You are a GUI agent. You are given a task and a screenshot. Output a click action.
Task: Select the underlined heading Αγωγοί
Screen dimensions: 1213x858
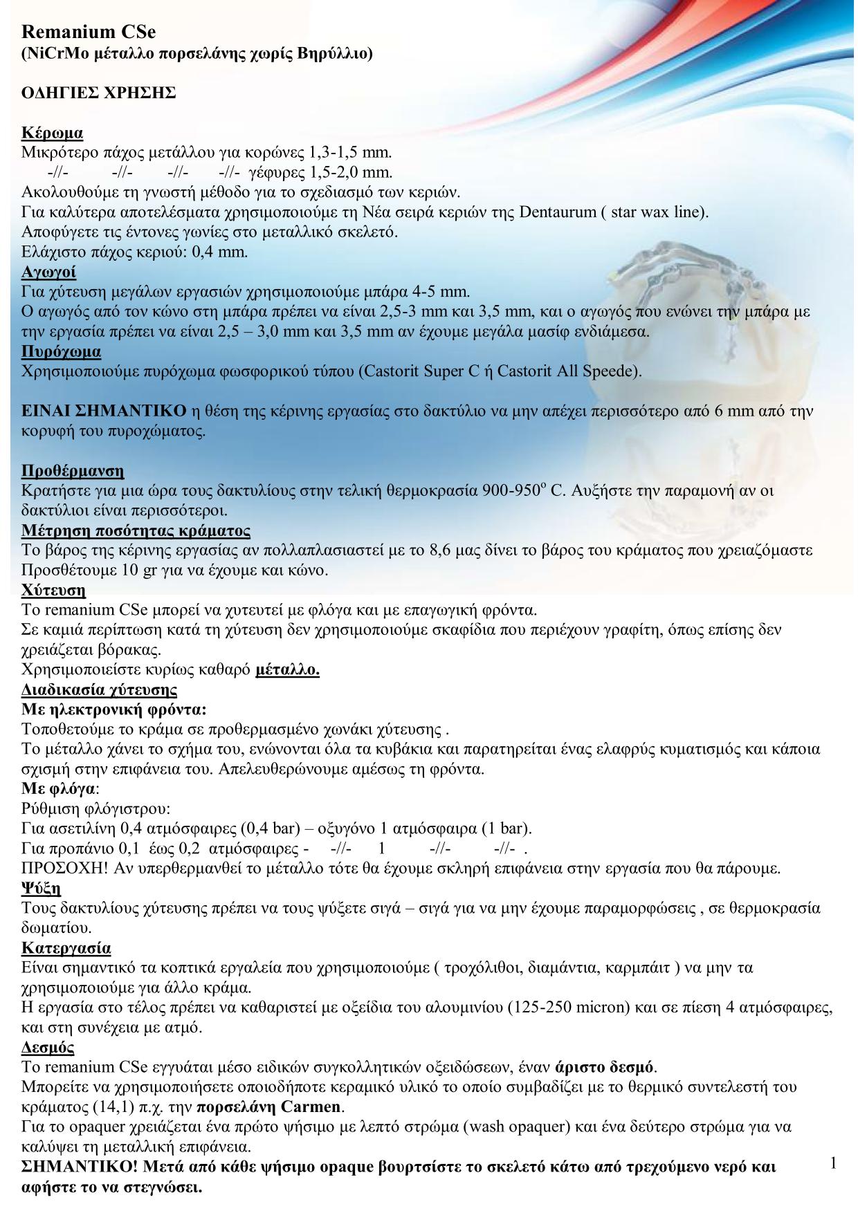click(49, 271)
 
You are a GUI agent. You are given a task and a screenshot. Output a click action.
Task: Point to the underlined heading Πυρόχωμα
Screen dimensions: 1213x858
click(62, 351)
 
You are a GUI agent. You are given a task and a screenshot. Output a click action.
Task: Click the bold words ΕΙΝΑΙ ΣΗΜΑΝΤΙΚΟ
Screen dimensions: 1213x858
click(104, 411)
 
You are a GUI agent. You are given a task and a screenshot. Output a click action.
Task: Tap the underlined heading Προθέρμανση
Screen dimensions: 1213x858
click(73, 472)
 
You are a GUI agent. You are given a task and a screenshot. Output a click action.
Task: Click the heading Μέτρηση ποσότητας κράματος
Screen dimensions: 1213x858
click(136, 531)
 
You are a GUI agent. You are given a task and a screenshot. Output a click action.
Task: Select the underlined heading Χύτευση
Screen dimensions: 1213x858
click(54, 591)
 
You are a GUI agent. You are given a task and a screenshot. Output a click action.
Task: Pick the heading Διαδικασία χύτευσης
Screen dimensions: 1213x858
click(100, 690)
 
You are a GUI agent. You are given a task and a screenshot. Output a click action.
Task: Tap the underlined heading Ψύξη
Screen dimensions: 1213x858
click(42, 888)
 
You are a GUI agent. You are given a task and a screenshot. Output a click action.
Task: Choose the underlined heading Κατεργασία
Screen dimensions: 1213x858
click(66, 947)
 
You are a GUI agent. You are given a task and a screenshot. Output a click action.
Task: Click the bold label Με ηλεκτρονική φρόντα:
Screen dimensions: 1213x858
click(114, 710)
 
